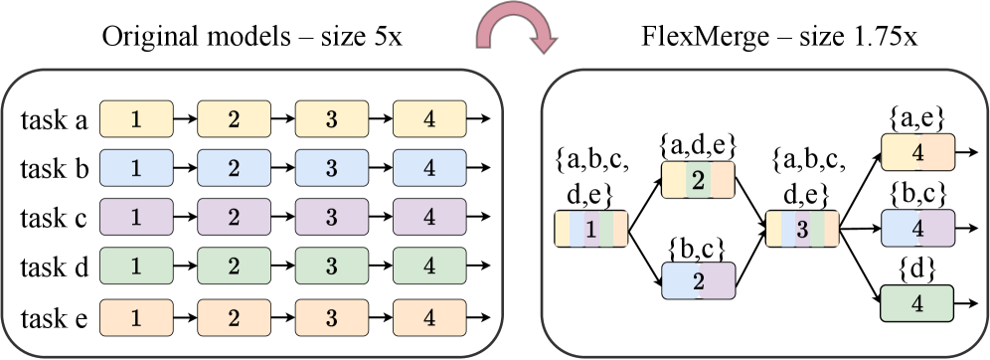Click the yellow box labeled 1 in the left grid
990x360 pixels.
(x=136, y=119)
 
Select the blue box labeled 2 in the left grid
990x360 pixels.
(x=234, y=168)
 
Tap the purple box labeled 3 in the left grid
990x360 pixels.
(x=331, y=217)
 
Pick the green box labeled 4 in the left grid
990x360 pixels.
(x=429, y=267)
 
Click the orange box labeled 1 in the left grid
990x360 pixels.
(x=136, y=318)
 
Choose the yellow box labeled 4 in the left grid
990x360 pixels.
(x=429, y=119)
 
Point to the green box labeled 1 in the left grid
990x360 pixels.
(x=136, y=267)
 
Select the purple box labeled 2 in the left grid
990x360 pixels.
(x=234, y=217)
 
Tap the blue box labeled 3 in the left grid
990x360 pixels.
(x=331, y=168)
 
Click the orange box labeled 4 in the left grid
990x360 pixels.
(x=429, y=318)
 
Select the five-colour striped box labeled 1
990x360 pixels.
(x=591, y=229)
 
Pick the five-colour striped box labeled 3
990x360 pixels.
(x=802, y=229)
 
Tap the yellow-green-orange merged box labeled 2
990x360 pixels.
(x=698, y=180)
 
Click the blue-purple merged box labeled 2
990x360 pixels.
(x=698, y=280)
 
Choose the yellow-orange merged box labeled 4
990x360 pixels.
(x=917, y=152)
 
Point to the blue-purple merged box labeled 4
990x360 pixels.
(x=917, y=228)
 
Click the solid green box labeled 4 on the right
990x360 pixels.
(x=917, y=303)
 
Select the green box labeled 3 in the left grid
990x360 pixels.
(x=331, y=267)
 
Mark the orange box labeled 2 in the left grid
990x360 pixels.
(x=234, y=318)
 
